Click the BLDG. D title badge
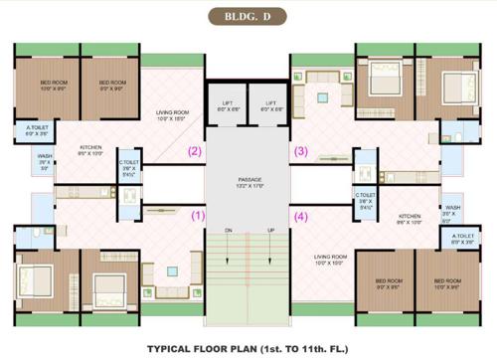pyautogui.click(x=248, y=17)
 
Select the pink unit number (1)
pyautogui.click(x=197, y=213)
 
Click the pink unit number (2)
pyautogui.click(x=196, y=152)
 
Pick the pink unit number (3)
pyautogui.click(x=300, y=152)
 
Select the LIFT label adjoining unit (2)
pyautogui.click(x=229, y=102)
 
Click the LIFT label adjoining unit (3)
pyautogui.click(x=269, y=102)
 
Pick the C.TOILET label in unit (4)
pyautogui.click(x=365, y=195)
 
